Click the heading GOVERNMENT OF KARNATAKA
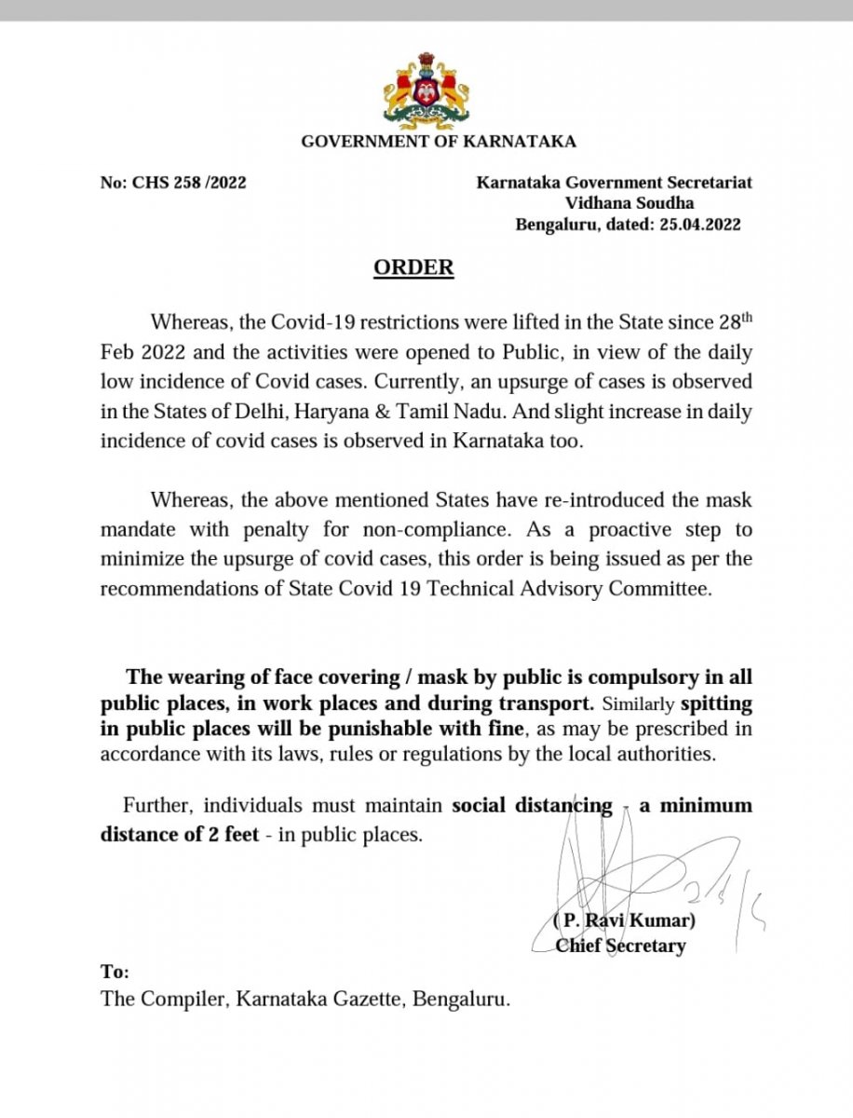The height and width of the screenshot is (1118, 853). [x=438, y=142]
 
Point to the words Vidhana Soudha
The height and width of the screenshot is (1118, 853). [x=630, y=204]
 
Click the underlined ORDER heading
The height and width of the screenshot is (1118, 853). [x=413, y=268]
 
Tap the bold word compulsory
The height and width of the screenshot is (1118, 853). [x=630, y=676]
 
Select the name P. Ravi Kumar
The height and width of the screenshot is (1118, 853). [x=625, y=920]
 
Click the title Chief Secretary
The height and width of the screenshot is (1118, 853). [x=620, y=946]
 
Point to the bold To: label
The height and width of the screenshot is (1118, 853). [x=115, y=972]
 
